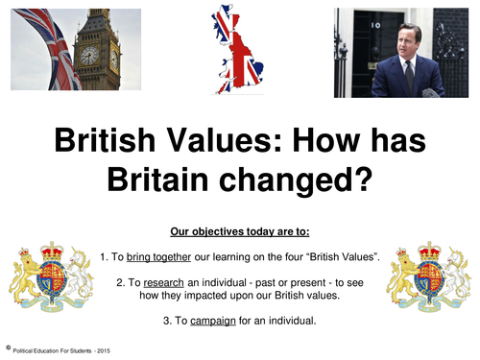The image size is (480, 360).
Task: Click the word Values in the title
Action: click(x=235, y=143)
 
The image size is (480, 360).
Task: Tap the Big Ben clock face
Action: click(x=89, y=56)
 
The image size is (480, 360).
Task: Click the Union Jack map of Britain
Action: click(x=239, y=48)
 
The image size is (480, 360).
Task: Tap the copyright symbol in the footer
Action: click(x=7, y=348)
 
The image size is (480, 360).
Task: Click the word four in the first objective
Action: click(x=292, y=256)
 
